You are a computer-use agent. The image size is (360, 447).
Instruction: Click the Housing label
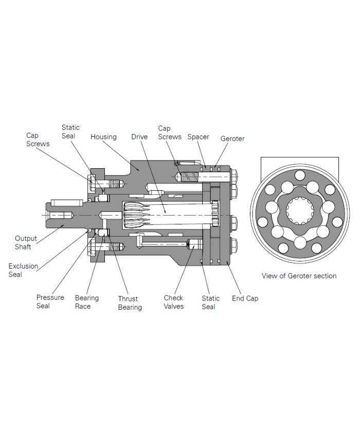coord(103,137)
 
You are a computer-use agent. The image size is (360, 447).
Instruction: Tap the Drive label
coord(139,137)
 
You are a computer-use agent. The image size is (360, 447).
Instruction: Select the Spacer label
coord(198,137)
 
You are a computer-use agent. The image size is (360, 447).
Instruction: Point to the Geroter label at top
coord(232,139)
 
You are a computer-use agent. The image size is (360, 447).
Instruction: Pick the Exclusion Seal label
coord(23,270)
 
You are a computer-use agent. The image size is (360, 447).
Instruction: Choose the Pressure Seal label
coord(50,301)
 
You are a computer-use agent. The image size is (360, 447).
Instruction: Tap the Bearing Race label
coord(86,302)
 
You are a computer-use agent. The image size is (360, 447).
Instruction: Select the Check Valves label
coord(173,302)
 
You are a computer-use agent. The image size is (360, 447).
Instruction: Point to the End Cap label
coord(245,298)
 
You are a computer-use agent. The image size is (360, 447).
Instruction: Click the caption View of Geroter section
coord(299,276)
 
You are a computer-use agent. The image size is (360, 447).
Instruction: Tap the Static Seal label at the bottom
coord(210,302)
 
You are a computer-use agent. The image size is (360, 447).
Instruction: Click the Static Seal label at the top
coord(70,132)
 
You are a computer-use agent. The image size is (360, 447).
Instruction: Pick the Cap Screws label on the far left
coord(38,139)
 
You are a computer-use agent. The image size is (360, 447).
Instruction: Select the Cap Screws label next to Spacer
coord(169,133)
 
